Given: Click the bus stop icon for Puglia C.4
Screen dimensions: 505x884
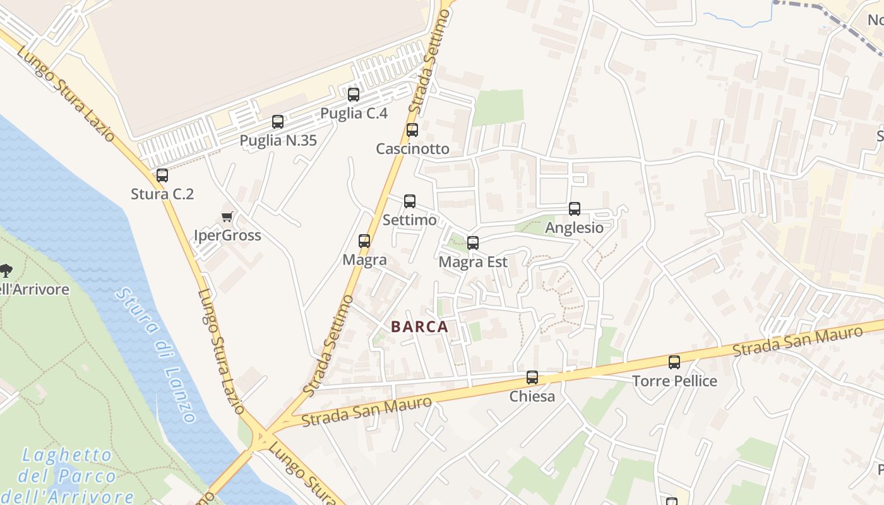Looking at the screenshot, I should click(x=354, y=95).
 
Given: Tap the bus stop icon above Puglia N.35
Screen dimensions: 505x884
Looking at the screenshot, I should click(x=278, y=122).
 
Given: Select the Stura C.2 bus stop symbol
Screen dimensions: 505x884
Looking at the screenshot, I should click(x=162, y=175).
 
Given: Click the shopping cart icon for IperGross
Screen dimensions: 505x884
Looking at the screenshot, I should click(x=227, y=217).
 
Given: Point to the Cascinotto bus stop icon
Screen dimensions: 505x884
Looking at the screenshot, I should click(x=412, y=130).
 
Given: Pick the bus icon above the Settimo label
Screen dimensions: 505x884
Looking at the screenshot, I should click(x=410, y=201).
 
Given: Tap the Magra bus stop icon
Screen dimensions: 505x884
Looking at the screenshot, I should click(x=364, y=241).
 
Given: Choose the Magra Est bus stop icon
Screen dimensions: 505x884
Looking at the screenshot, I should click(x=473, y=242).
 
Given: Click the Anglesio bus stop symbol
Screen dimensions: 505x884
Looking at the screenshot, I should click(x=575, y=209).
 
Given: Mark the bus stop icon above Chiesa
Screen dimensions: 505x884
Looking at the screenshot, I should click(x=532, y=377).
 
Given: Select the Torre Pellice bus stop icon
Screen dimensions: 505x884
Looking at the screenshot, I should click(x=674, y=362).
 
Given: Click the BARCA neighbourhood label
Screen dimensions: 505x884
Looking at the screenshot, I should click(x=420, y=327).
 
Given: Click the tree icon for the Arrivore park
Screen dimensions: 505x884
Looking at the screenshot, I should click(x=6, y=271).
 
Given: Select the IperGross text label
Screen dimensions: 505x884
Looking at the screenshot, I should click(x=227, y=235).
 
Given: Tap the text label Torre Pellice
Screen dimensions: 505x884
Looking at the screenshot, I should click(x=674, y=381).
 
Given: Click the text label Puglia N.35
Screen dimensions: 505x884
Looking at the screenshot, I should click(x=278, y=140).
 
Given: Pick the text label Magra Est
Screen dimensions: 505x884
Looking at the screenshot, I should click(x=473, y=261).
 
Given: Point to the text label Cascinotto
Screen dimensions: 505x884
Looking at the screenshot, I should click(x=412, y=149).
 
